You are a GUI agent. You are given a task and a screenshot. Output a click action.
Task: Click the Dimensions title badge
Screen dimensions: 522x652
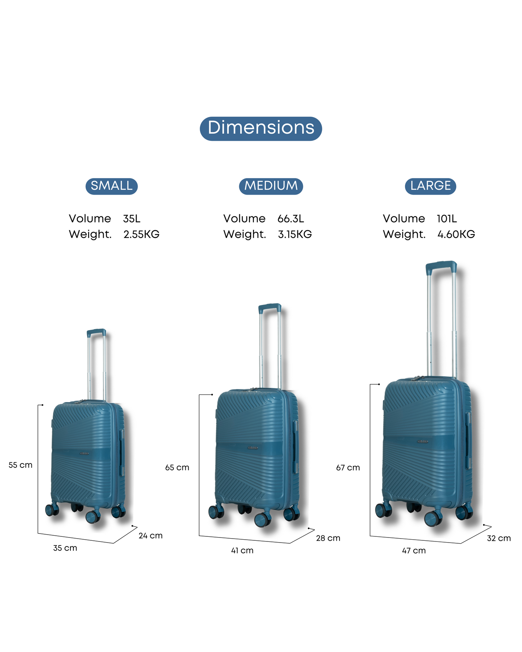tap(261, 128)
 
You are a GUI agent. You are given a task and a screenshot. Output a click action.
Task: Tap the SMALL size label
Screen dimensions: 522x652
tap(112, 186)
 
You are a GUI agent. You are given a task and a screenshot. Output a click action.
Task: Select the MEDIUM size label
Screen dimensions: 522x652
tap(271, 186)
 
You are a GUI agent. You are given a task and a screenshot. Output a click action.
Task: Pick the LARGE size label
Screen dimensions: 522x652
tap(431, 186)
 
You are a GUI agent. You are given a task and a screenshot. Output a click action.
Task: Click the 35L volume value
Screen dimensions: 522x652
tap(132, 219)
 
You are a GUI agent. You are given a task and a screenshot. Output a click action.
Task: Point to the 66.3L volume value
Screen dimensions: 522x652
tap(291, 219)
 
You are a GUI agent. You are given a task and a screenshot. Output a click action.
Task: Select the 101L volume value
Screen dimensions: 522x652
tap(447, 219)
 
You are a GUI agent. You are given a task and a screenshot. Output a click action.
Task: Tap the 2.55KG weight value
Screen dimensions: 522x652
tap(141, 234)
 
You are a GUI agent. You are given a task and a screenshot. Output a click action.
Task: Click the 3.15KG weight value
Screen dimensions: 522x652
tap(295, 234)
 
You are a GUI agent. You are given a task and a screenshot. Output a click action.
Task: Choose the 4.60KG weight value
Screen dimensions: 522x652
tap(456, 234)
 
